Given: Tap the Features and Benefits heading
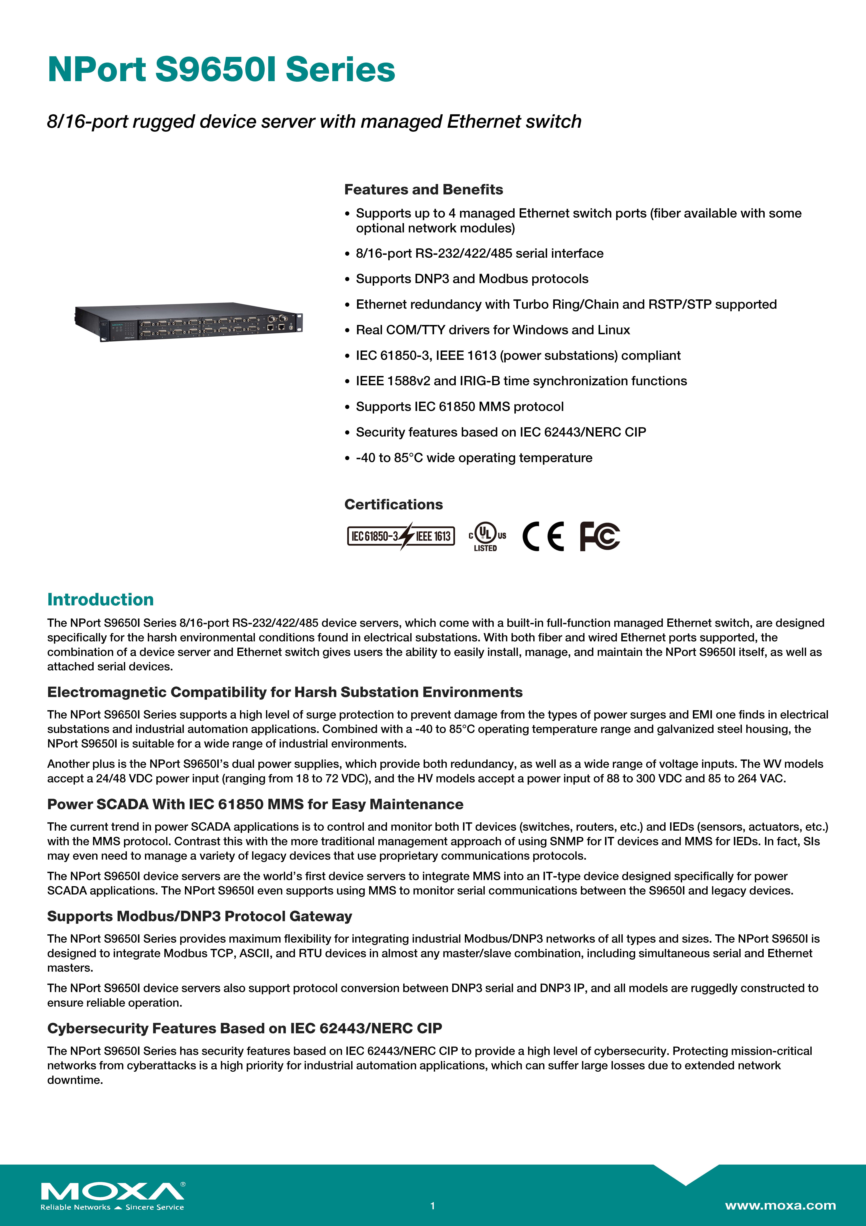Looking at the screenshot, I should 423,190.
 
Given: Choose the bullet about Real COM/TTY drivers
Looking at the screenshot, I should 492,330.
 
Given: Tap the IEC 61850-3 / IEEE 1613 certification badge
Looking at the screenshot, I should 401,536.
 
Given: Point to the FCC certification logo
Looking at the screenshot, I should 600,536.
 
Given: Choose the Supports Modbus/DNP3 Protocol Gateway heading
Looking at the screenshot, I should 200,916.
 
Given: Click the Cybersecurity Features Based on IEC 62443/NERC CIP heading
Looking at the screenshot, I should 244,1028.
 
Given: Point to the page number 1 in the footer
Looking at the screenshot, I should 433,1206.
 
